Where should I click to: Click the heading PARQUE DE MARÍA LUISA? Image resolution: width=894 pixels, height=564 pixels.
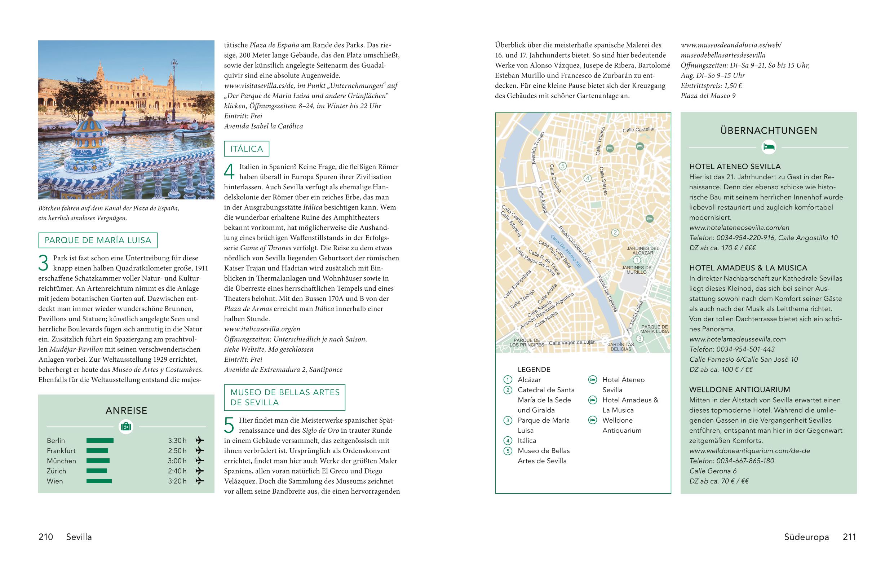(x=98, y=240)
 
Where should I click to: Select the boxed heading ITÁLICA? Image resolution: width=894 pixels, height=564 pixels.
(x=247, y=149)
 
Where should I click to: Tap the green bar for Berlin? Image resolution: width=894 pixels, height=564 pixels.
(x=100, y=440)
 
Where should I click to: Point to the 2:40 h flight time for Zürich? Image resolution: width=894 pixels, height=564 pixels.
(x=177, y=471)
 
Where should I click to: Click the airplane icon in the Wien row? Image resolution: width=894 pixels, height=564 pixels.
(x=200, y=481)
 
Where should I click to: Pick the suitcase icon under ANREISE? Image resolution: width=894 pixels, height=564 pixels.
(x=126, y=426)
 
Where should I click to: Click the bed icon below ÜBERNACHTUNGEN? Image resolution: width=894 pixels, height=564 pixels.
(x=769, y=147)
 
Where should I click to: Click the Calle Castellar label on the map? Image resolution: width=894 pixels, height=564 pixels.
(x=638, y=129)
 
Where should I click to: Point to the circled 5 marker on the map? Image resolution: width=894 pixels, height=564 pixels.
(x=562, y=166)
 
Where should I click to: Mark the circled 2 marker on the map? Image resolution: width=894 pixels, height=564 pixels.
(x=615, y=233)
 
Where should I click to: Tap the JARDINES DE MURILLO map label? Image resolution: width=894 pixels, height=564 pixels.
(x=636, y=270)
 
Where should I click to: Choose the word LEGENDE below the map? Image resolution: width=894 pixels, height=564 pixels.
(x=534, y=369)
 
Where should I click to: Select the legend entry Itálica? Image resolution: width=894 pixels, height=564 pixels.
(x=527, y=440)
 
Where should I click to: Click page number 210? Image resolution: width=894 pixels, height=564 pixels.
(x=46, y=537)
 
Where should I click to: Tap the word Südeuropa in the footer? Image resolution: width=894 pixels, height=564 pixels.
(x=806, y=537)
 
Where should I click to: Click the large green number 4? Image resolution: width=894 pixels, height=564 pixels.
(x=229, y=172)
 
